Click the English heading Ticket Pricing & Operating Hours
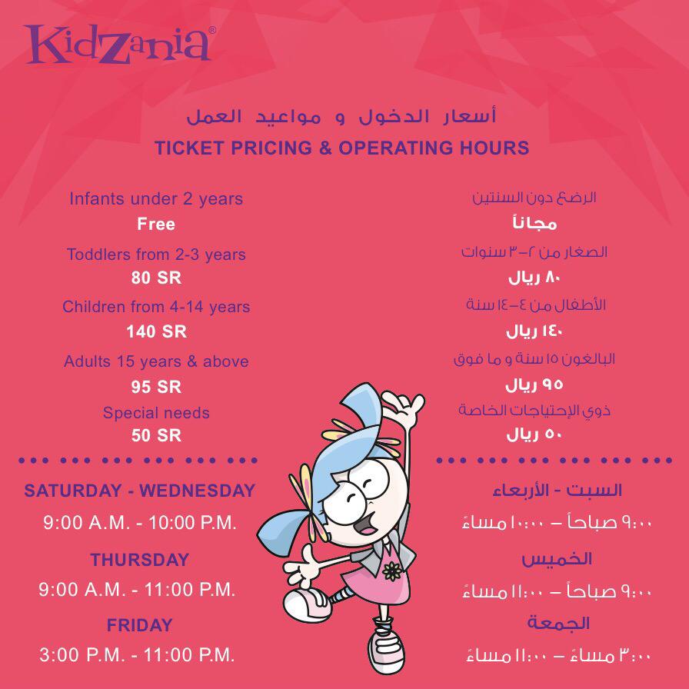click(x=342, y=148)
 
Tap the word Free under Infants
click(x=156, y=224)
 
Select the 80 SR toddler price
click(x=156, y=278)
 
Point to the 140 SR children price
click(x=156, y=331)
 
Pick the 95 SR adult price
click(x=156, y=387)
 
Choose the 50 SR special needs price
click(x=156, y=435)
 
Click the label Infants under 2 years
click(x=156, y=199)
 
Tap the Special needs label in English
click(x=156, y=413)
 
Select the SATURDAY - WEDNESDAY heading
click(x=140, y=491)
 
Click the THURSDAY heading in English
click(x=140, y=560)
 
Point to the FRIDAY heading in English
click(x=140, y=625)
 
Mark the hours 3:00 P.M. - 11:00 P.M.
click(x=137, y=654)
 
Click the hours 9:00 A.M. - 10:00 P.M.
click(x=140, y=522)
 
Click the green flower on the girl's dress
click(x=392, y=571)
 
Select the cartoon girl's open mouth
click(x=366, y=525)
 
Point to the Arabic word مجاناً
click(x=534, y=223)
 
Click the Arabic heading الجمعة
click(x=558, y=623)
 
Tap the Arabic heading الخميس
click(x=557, y=559)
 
